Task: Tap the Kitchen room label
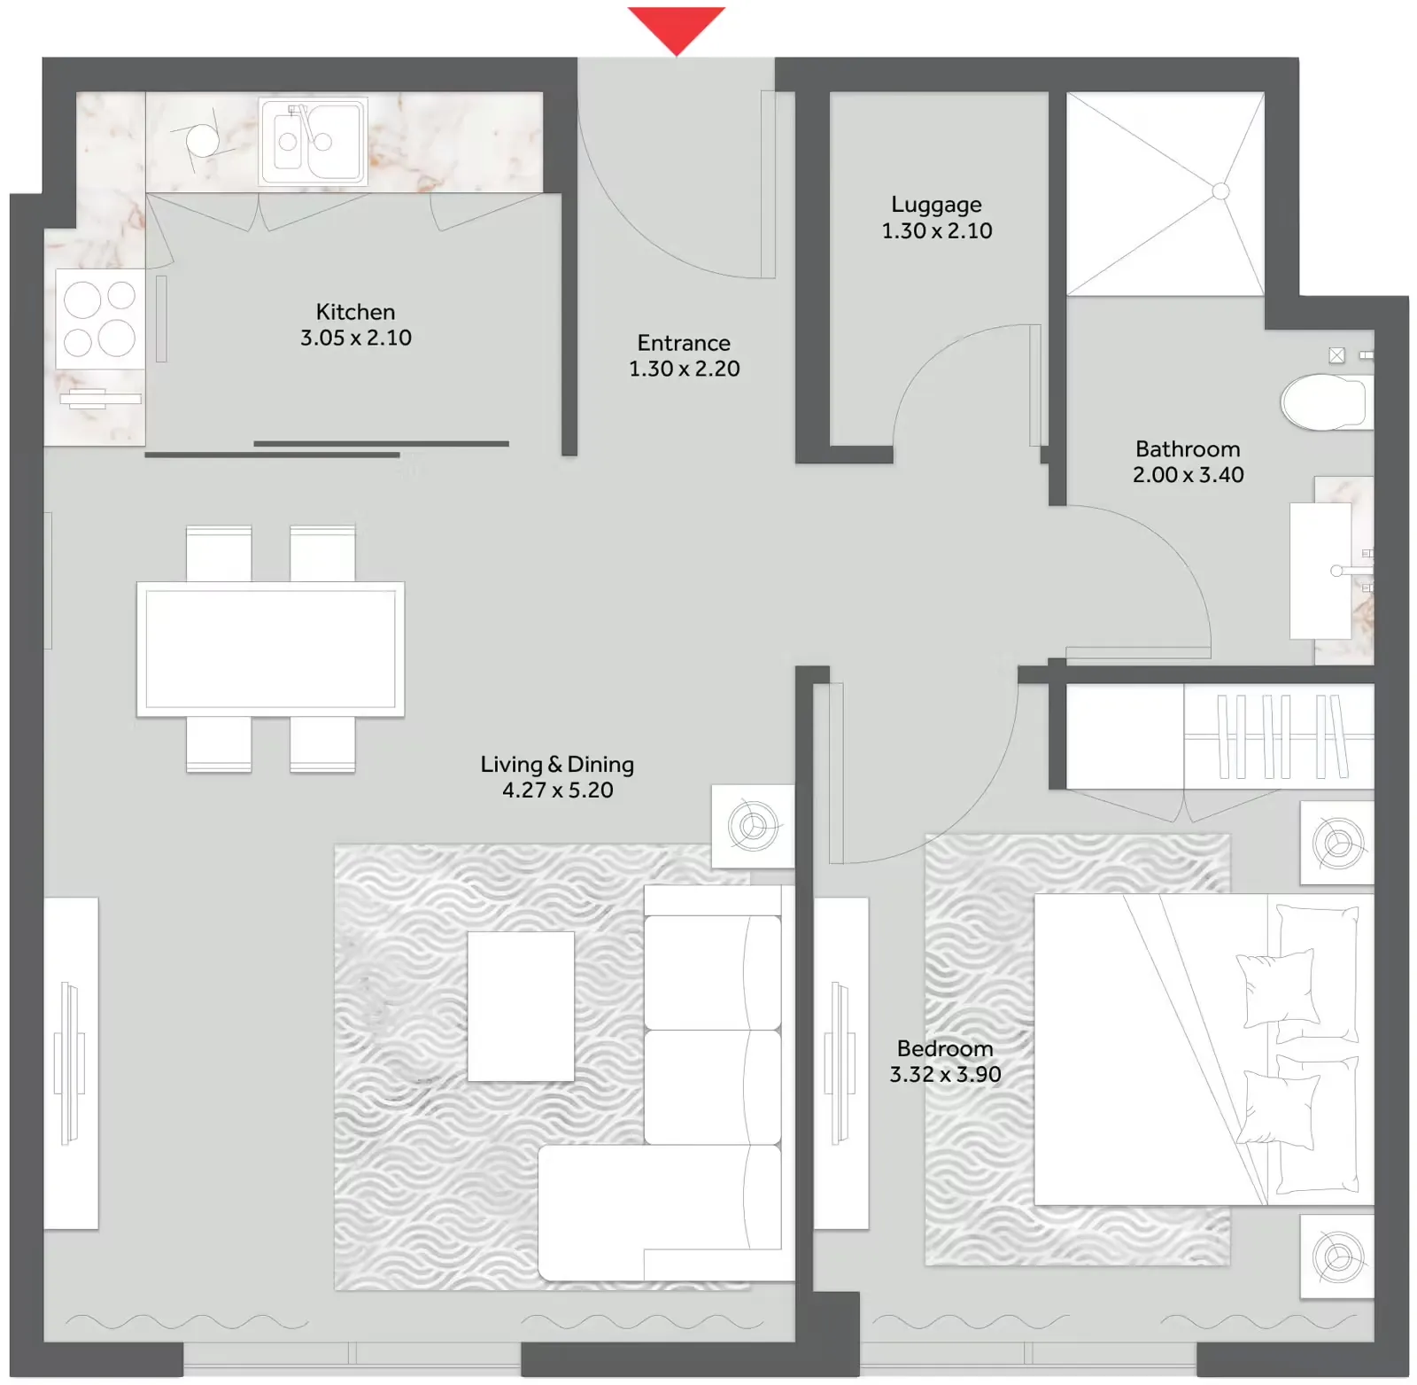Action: click(x=355, y=312)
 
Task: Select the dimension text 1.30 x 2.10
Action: click(x=936, y=231)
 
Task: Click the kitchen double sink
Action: click(x=313, y=141)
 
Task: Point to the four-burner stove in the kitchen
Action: click(x=99, y=319)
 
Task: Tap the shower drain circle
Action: click(x=1220, y=191)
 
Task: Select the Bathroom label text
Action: click(x=1188, y=449)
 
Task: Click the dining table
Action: click(x=270, y=649)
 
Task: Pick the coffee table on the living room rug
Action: click(x=521, y=1006)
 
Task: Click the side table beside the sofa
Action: click(x=753, y=826)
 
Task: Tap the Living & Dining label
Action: click(x=557, y=764)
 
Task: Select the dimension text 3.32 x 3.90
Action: click(x=945, y=1075)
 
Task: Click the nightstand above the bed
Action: click(x=1336, y=843)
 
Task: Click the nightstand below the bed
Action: click(x=1336, y=1256)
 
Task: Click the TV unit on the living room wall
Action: click(x=71, y=1062)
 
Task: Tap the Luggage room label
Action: click(x=936, y=205)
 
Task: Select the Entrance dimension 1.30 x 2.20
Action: click(x=684, y=369)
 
